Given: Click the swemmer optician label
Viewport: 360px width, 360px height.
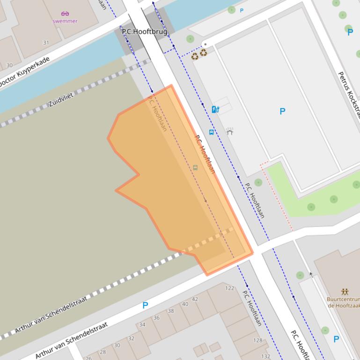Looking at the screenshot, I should point(65,21).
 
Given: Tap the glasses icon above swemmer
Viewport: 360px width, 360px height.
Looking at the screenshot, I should point(65,14).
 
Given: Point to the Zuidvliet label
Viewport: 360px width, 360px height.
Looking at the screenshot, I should point(61,100).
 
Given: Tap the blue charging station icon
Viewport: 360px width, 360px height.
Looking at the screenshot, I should point(215,109).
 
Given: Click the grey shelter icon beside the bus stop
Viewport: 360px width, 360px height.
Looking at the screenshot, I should point(229,131).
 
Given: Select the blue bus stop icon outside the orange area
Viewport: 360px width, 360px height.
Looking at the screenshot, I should point(212,132).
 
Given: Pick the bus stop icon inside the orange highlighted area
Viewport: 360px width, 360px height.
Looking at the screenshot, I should point(195,167).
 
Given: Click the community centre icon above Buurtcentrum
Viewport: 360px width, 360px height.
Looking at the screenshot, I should point(345,291).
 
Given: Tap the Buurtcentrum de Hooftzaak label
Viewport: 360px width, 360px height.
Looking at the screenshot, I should point(344,302).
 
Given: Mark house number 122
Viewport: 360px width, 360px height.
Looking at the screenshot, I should point(229,288).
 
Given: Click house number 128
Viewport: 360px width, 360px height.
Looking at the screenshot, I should point(258,340).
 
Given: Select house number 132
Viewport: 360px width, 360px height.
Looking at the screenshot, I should point(266,356).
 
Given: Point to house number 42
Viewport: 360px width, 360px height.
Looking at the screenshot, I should point(195,299).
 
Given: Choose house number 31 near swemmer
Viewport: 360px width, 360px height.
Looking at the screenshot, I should point(46,43).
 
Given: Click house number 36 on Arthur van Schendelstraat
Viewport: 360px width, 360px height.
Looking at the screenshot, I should point(157,318).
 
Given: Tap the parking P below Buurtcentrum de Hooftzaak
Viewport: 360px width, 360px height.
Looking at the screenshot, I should point(336,339).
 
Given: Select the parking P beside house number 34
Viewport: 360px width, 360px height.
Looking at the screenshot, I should point(145,305).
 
